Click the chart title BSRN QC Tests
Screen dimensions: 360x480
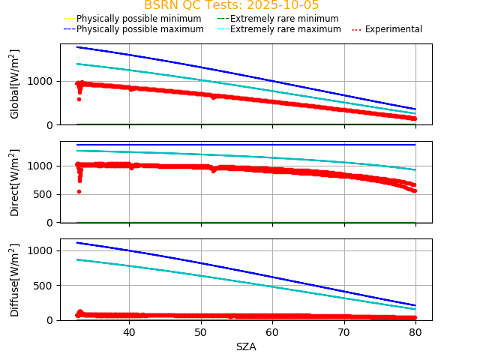231,5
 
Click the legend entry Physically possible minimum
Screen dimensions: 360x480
138,19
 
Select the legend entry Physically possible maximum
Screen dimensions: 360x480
139,29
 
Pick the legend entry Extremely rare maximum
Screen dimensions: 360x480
285,29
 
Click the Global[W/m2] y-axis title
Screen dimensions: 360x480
15,84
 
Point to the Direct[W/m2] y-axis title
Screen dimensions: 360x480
15,182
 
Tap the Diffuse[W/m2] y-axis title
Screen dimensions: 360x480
15,280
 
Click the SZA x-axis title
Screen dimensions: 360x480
246,346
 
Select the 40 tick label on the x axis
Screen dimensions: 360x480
129,332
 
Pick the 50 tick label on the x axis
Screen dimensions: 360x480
200,332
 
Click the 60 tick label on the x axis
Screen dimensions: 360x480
272,332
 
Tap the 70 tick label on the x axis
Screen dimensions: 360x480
343,332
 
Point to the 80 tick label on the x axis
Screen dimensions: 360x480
415,332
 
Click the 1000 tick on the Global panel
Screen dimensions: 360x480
43,81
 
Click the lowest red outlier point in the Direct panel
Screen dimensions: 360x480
79,191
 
